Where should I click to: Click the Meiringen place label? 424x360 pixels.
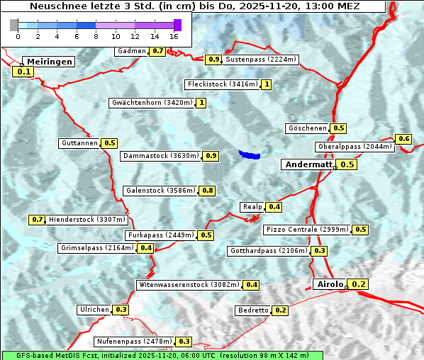pyautogui.click(x=48, y=62)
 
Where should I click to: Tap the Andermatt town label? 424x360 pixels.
pyautogui.click(x=308, y=164)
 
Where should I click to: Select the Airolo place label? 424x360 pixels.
pyautogui.click(x=330, y=284)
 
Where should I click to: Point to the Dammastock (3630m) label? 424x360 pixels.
pyautogui.click(x=160, y=156)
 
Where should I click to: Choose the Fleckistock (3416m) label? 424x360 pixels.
pyautogui.click(x=221, y=85)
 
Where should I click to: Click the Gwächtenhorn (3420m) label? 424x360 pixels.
pyautogui.click(x=152, y=103)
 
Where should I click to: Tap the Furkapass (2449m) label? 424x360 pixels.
pyautogui.click(x=160, y=235)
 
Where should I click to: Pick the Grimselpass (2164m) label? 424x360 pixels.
pyautogui.click(x=96, y=248)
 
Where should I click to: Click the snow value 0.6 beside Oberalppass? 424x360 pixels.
pyautogui.click(x=403, y=139)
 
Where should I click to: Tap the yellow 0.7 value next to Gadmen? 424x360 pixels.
pyautogui.click(x=157, y=51)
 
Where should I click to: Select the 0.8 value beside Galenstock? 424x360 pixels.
pyautogui.click(x=208, y=191)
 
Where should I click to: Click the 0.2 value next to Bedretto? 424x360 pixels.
pyautogui.click(x=280, y=310)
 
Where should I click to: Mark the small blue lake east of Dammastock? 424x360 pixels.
pyautogui.click(x=250, y=154)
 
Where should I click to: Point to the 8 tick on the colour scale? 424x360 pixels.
pyautogui.click(x=96, y=35)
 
